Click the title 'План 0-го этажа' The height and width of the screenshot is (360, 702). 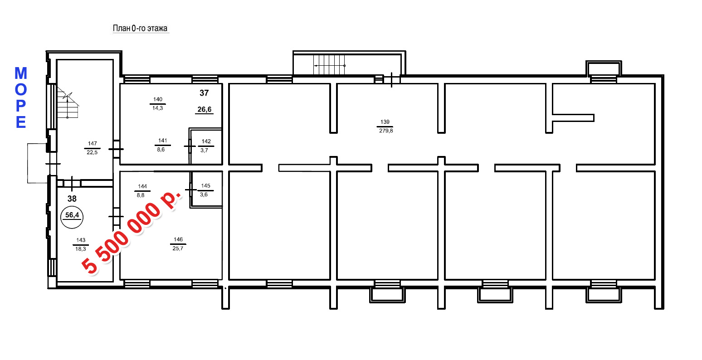[x=140, y=29]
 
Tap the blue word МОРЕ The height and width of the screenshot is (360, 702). [x=21, y=98]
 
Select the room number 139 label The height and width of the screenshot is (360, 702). [x=385, y=122]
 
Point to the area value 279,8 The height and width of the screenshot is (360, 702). [x=386, y=131]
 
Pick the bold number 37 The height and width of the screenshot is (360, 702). [x=204, y=93]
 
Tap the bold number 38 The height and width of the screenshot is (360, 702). [x=72, y=199]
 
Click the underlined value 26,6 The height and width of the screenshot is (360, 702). [x=205, y=110]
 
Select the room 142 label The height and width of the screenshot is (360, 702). [x=206, y=141]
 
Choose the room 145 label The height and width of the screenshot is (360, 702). [x=205, y=186]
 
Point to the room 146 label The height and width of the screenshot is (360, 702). [x=178, y=239]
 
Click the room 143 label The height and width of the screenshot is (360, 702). [x=81, y=240]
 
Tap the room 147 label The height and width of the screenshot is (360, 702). [x=92, y=143]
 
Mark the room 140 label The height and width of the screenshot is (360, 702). [x=158, y=99]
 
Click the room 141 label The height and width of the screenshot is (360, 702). [x=163, y=141]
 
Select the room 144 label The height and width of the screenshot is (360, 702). [x=142, y=186]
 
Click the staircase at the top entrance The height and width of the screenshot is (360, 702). [x=329, y=65]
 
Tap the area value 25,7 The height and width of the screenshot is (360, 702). [x=178, y=248]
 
